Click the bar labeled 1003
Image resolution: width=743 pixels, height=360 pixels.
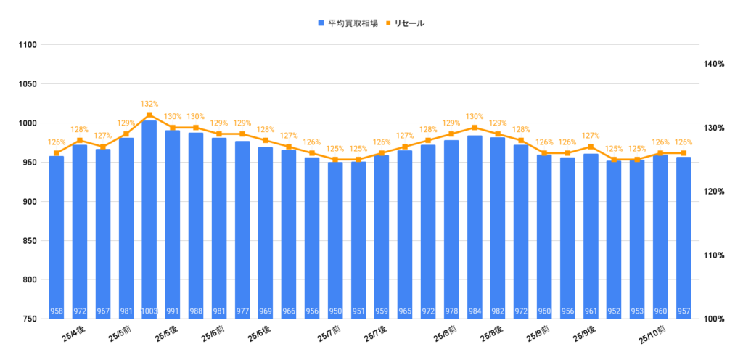tap(149, 218)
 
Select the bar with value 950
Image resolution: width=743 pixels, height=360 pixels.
tap(335, 240)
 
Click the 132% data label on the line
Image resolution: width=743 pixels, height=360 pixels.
tap(149, 104)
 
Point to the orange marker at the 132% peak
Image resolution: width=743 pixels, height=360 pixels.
tap(149, 115)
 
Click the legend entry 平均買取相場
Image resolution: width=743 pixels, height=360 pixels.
tap(347, 23)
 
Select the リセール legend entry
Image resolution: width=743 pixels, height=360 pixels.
tap(405, 23)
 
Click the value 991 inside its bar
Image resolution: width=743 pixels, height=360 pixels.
tap(173, 312)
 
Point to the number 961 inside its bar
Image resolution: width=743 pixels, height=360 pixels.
tap(591, 312)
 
